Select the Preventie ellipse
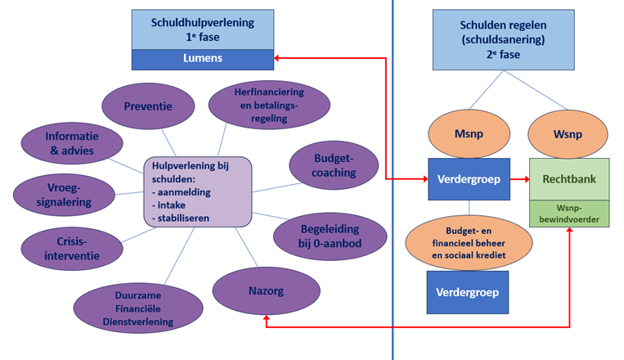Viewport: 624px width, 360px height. (148, 106)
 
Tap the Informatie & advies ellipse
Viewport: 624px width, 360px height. (70, 143)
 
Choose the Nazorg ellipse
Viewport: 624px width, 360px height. (267, 289)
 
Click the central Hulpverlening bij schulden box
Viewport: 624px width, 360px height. (197, 191)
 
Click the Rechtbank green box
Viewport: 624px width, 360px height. (569, 178)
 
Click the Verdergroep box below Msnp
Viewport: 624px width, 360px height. (469, 178)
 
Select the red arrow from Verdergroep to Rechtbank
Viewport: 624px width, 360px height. (520, 178)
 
